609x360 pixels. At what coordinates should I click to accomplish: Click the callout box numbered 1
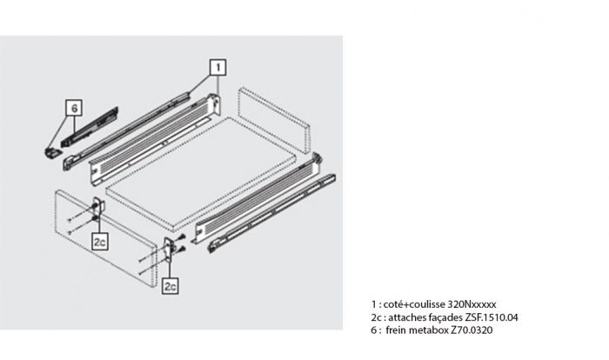pos(217,67)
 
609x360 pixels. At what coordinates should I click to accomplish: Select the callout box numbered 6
pos(74,108)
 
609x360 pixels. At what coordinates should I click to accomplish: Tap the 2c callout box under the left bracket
pos(100,242)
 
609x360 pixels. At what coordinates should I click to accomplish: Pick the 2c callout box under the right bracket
pos(171,286)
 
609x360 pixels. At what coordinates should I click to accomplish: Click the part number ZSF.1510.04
pos(492,317)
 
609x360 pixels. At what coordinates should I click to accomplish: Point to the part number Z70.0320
pos(472,330)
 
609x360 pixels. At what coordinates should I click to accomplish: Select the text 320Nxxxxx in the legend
pos(472,304)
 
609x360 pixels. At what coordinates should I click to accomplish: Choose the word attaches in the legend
pos(406,317)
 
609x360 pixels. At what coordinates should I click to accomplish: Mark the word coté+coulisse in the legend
pos(414,304)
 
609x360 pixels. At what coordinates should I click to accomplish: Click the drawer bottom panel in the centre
pos(201,173)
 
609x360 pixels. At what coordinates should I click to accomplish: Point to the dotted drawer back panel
pos(274,120)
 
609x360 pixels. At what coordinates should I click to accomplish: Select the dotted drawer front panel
pos(105,238)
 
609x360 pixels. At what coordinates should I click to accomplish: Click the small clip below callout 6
pos(52,152)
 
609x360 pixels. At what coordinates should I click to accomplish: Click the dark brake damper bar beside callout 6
pos(90,127)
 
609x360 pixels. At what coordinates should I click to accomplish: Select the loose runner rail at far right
pos(271,214)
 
